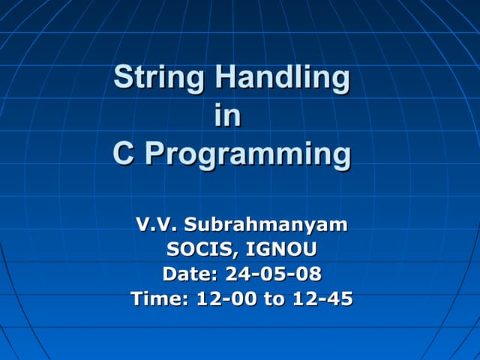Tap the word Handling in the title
(x=282, y=77)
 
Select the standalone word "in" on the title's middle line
(x=227, y=116)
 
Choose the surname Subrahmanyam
(x=265, y=225)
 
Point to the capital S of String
(x=122, y=77)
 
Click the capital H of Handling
(x=224, y=77)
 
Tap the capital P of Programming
(x=154, y=154)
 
